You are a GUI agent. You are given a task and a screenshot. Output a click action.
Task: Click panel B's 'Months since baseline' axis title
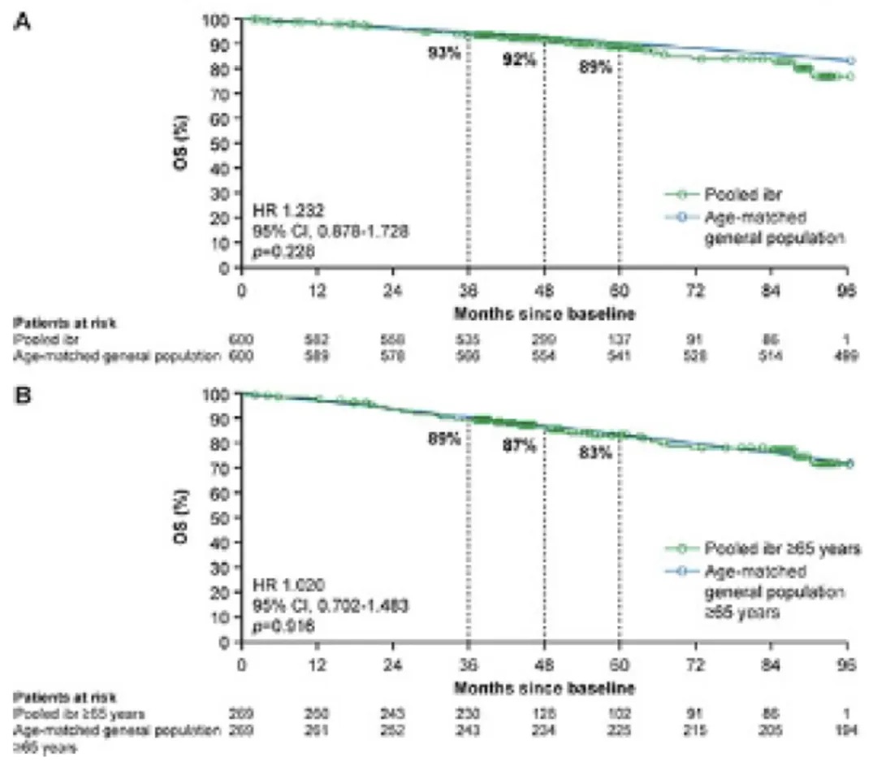[x=543, y=687]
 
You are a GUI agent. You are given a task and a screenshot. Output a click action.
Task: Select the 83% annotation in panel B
[x=594, y=452]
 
